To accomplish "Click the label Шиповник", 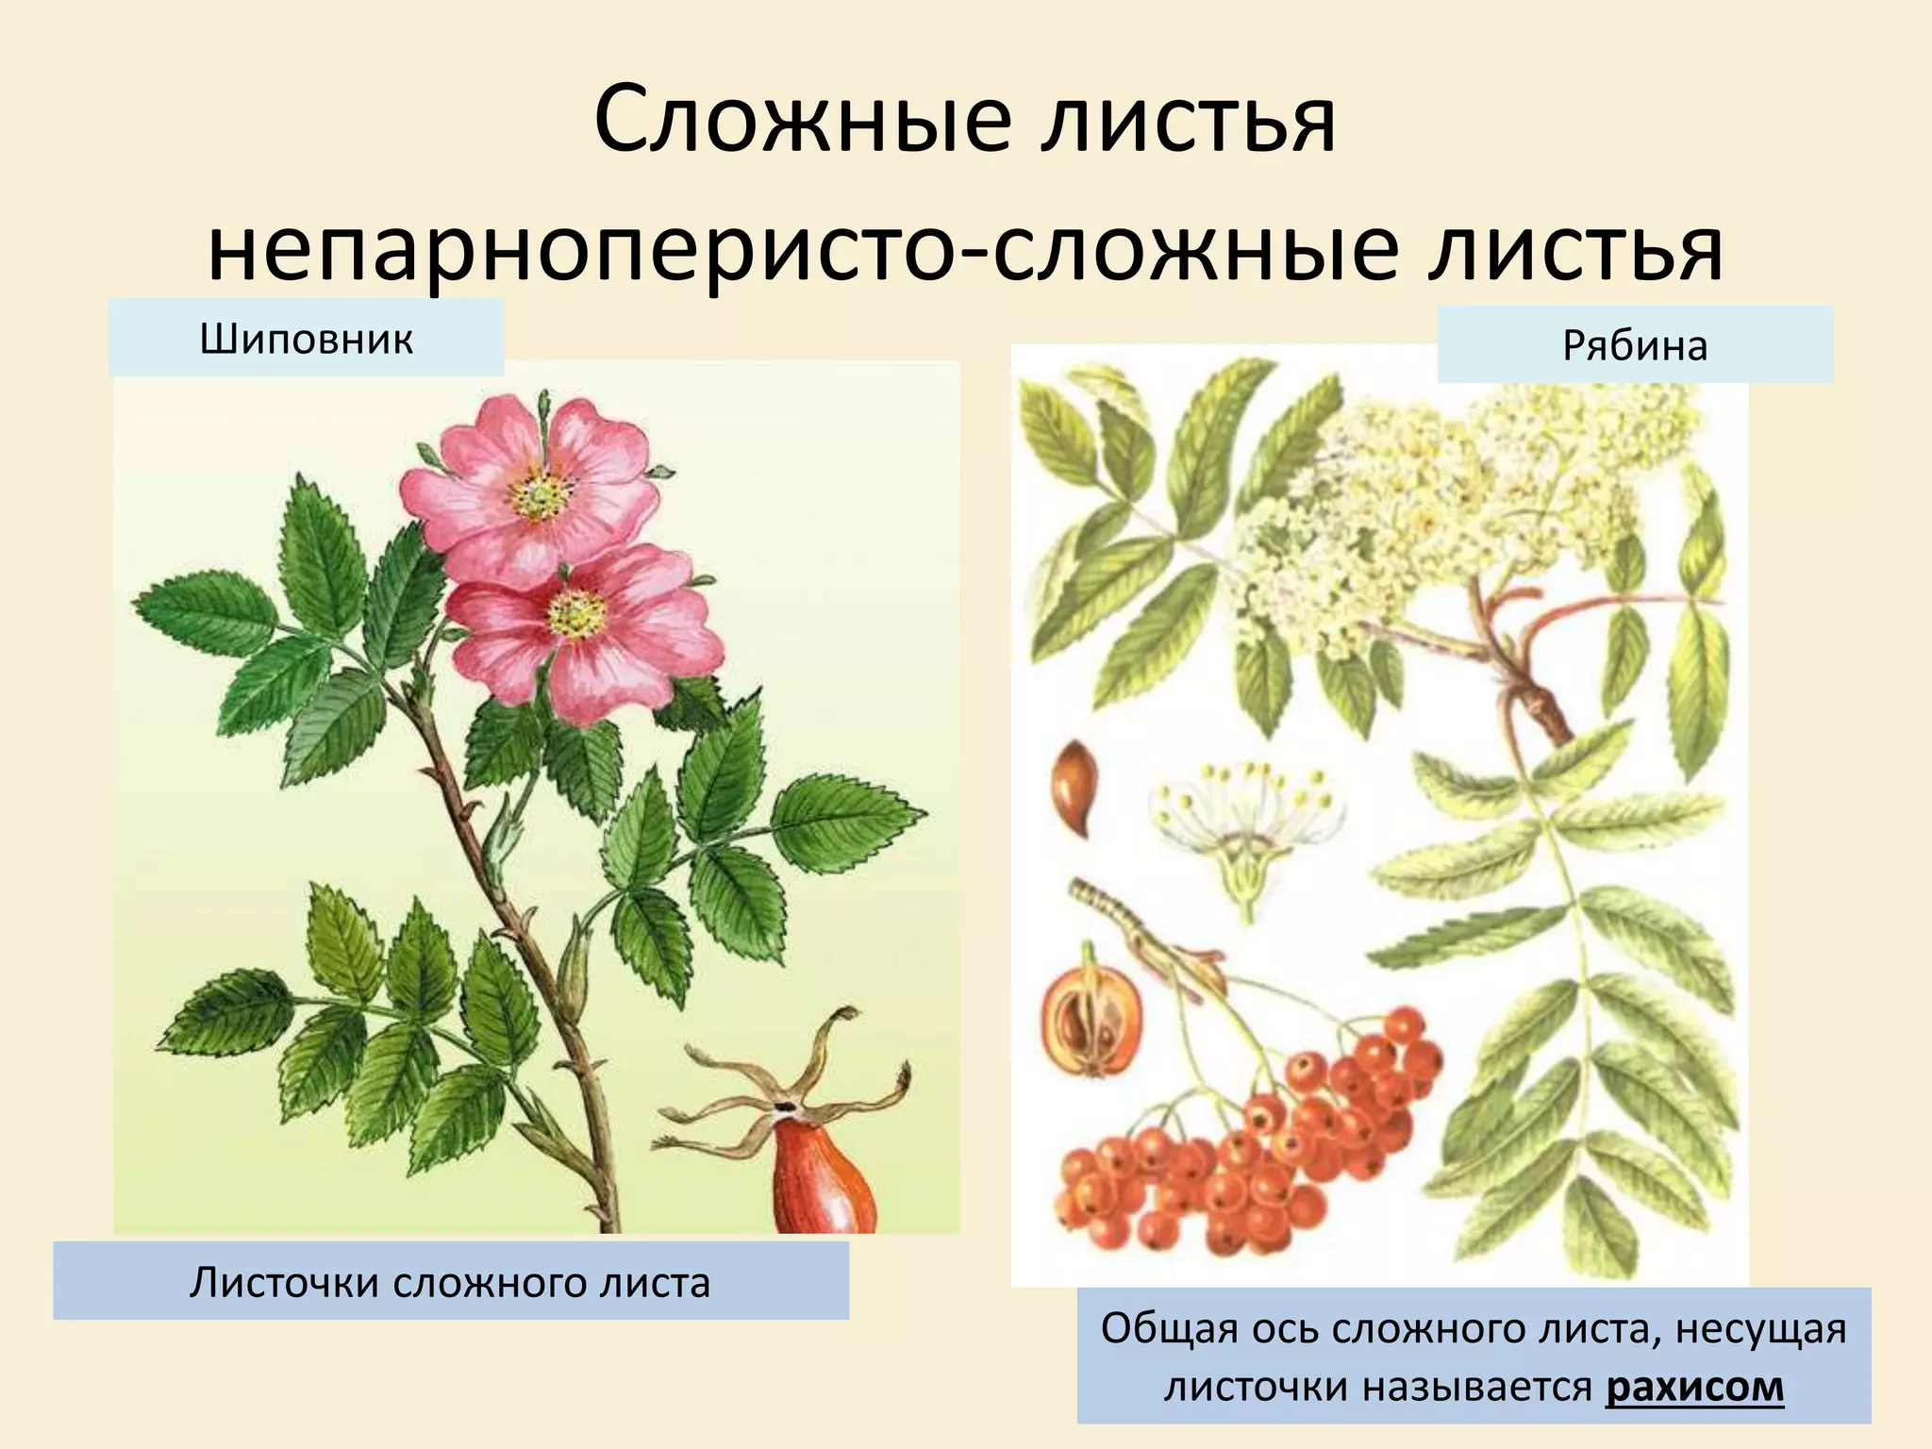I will click(307, 339).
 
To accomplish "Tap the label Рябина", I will click(1635, 345).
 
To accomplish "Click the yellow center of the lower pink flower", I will click(575, 615).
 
